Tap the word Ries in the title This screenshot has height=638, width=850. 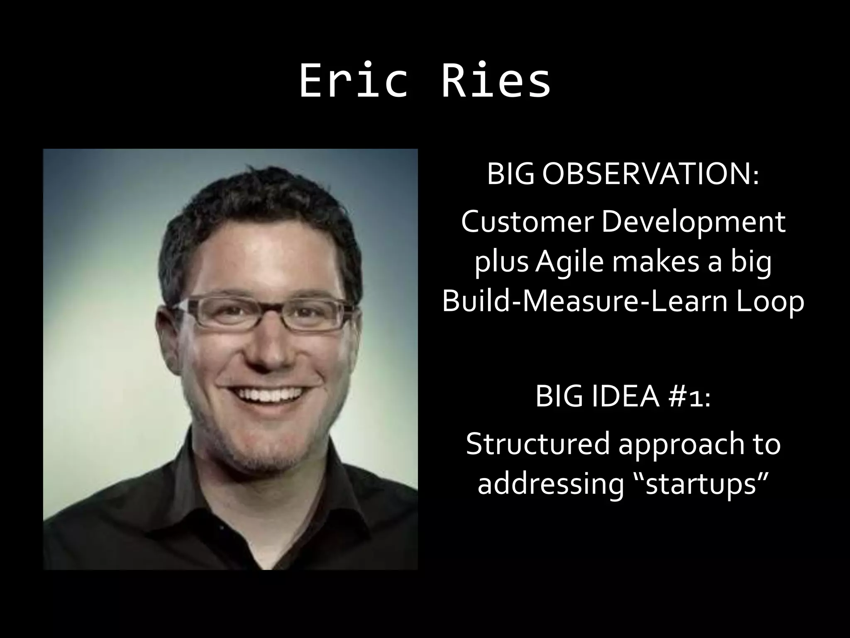[496, 81]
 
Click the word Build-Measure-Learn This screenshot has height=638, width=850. [581, 301]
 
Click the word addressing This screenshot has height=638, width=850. [550, 484]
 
